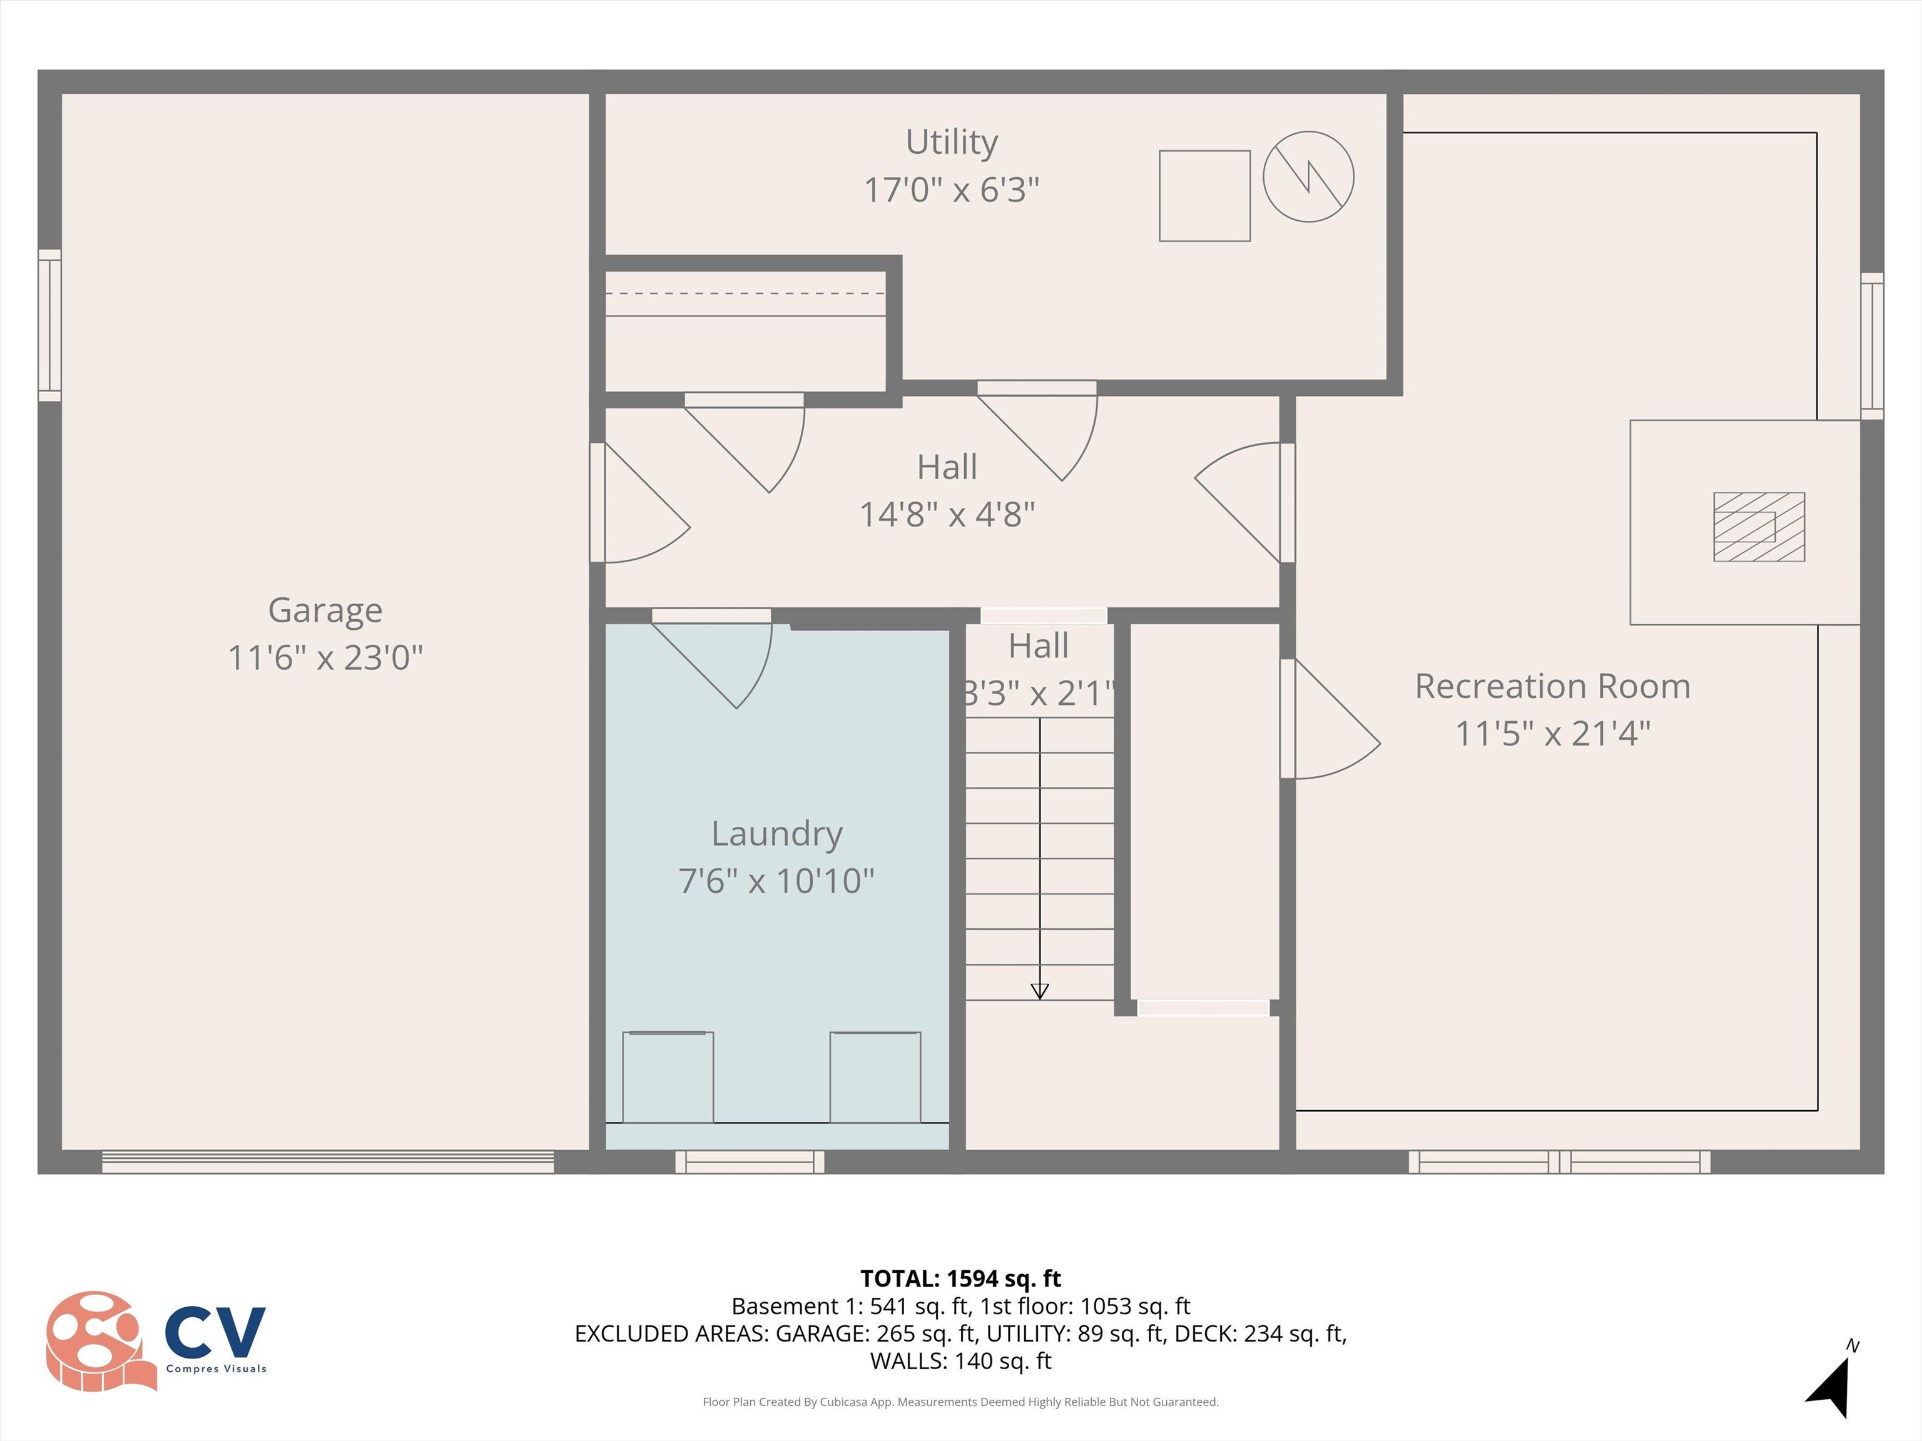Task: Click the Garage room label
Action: [x=325, y=610]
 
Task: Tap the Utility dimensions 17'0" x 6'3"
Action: [x=952, y=190]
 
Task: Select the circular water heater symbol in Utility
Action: [x=1308, y=176]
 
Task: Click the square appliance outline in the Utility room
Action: [x=1204, y=195]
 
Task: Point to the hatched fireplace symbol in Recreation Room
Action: [x=1759, y=527]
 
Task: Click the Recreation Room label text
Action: [x=1552, y=686]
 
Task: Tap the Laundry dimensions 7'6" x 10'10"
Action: [x=776, y=880]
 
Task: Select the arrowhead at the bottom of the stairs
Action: [x=1039, y=991]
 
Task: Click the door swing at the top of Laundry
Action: [x=721, y=660]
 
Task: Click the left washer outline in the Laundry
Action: [x=668, y=1077]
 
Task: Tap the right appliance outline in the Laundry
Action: [x=875, y=1077]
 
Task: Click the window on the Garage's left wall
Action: [x=49, y=326]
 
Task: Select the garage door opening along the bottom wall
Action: [x=328, y=1161]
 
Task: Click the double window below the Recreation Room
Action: [x=1558, y=1161]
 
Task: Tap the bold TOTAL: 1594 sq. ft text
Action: [x=960, y=1278]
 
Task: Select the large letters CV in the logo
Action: [x=215, y=1332]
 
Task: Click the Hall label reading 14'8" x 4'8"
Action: [x=947, y=514]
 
